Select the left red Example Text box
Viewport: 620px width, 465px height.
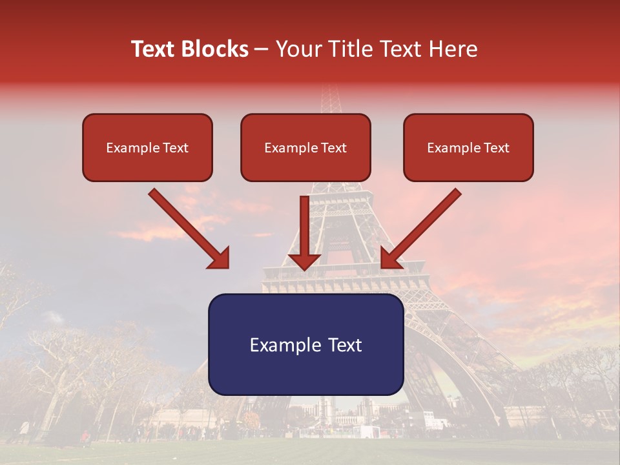[147, 147]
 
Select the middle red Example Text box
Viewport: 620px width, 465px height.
[305, 147]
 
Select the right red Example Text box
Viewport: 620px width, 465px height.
[468, 147]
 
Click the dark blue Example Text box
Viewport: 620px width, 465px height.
[305, 344]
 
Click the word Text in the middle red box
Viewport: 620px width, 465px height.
[334, 148]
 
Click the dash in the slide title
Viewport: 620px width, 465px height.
[262, 49]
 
